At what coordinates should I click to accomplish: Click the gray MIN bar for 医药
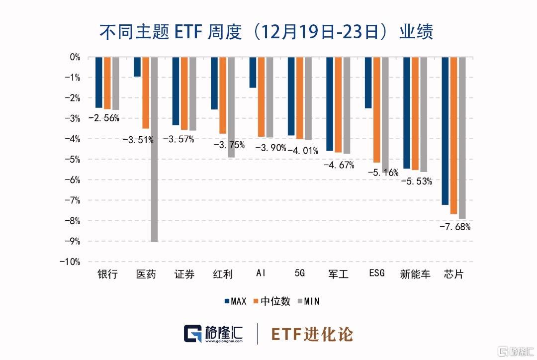[x=154, y=149]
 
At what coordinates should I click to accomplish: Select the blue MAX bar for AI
[x=253, y=73]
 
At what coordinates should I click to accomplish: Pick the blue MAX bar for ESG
[x=368, y=83]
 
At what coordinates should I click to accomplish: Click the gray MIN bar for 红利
[x=231, y=107]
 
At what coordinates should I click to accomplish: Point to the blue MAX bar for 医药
[x=137, y=67]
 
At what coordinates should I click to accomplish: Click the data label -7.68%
[x=454, y=227]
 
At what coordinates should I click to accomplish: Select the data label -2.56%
[x=103, y=118]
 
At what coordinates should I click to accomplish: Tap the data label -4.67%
[x=339, y=165]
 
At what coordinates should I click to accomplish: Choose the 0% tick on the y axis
[x=74, y=57]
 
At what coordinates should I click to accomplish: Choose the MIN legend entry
[x=308, y=301]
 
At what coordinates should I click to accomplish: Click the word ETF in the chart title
[x=189, y=32]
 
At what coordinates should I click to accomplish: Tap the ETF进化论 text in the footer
[x=312, y=334]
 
